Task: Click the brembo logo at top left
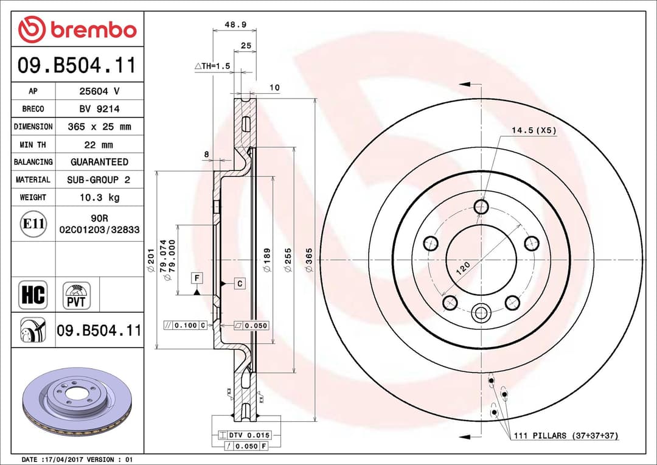(77, 29)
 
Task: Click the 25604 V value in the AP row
(100, 91)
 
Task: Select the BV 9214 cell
(100, 109)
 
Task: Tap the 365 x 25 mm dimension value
(100, 127)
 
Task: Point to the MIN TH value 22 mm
(100, 145)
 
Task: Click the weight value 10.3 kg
(100, 197)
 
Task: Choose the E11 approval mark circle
(33, 224)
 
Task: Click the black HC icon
(33, 295)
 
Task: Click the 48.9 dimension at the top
(235, 26)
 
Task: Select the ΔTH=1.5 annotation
(212, 66)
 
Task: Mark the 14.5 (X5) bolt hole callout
(534, 130)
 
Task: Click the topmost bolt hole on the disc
(481, 207)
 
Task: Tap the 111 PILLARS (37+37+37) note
(565, 436)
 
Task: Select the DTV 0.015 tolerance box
(245, 435)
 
